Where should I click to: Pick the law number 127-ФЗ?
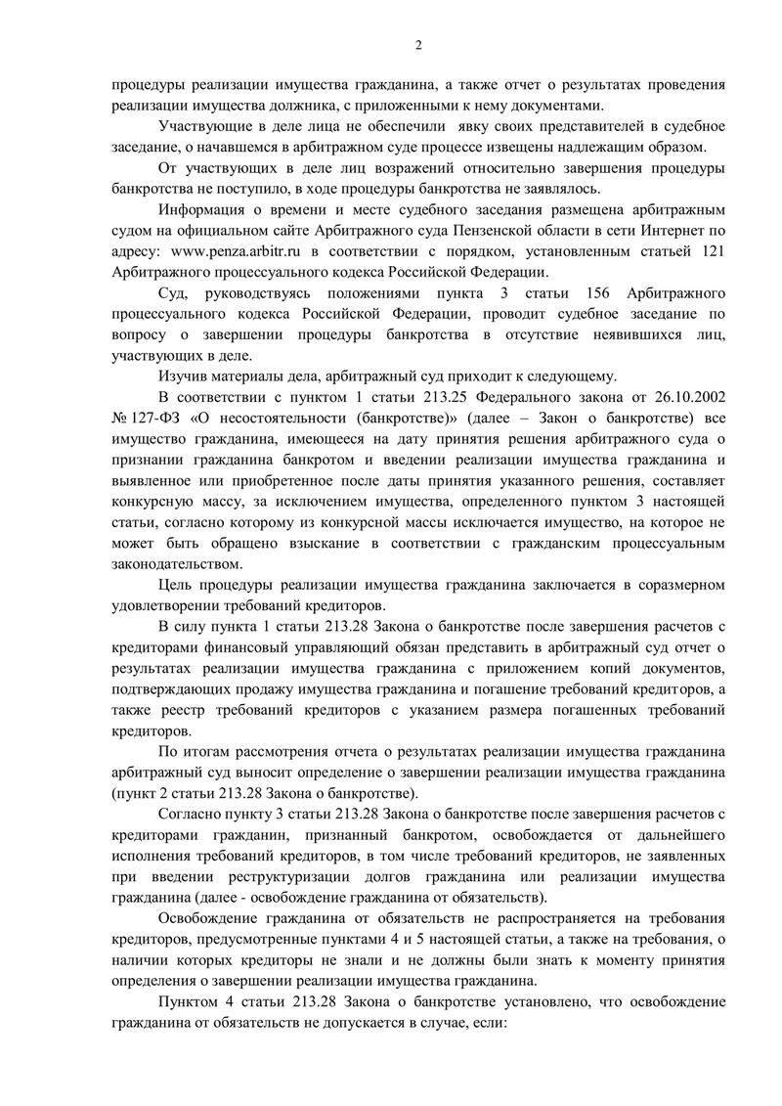tap(153, 419)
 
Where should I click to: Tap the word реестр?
tap(170, 710)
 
